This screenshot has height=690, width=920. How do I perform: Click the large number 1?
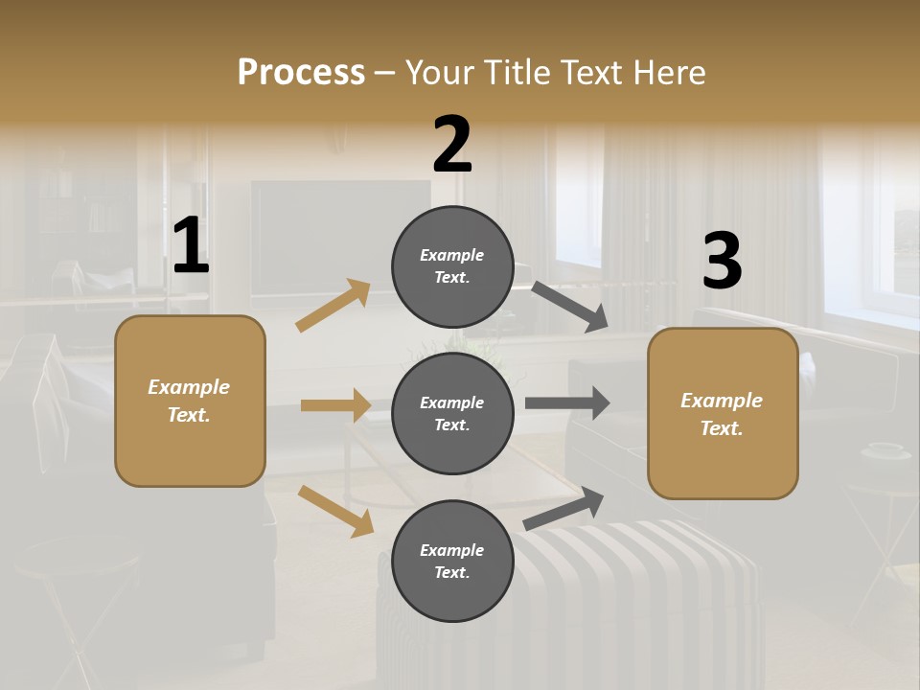point(191,246)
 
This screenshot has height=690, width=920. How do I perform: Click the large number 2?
point(452,145)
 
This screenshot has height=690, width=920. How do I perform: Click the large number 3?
point(722,262)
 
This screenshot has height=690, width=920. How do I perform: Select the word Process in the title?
point(301,72)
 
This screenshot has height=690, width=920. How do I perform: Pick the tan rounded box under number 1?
point(190,401)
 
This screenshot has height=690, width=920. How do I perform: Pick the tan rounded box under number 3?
point(723,413)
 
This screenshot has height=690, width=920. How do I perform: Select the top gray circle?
point(452,266)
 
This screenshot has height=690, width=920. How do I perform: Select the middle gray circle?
point(452,413)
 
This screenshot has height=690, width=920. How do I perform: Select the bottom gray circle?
point(452,561)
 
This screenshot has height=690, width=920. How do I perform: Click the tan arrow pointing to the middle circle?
point(335,405)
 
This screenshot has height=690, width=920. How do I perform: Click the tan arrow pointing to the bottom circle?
point(335,511)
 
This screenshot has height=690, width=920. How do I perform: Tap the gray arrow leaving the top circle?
point(570,307)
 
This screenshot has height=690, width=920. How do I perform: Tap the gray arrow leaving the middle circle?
point(567,403)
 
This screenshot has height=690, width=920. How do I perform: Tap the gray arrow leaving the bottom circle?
point(563,509)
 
